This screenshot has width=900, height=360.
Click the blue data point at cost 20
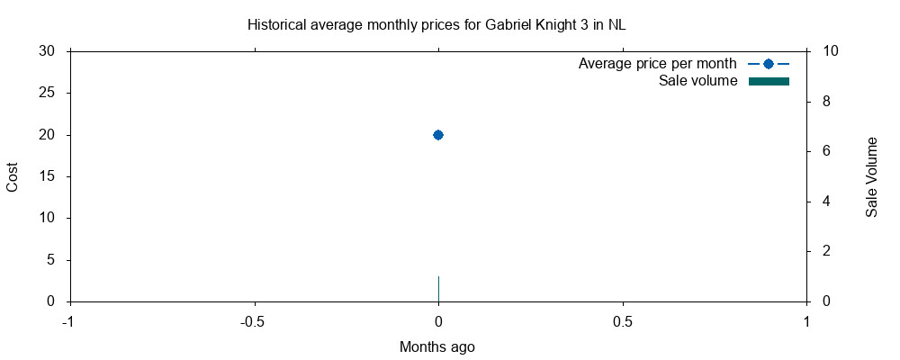click(x=438, y=135)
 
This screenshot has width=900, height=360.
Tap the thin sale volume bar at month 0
click(x=438, y=289)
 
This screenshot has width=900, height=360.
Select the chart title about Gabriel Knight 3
click(x=436, y=25)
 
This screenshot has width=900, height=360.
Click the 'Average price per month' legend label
click(x=657, y=64)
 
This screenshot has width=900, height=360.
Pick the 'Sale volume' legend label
click(x=697, y=82)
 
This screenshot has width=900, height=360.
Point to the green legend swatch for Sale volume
click(x=769, y=82)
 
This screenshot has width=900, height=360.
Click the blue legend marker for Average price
click(x=769, y=64)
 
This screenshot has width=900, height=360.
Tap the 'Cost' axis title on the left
click(x=13, y=176)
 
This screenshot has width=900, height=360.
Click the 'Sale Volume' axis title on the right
click(x=871, y=176)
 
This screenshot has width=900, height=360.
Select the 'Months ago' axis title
click(x=437, y=346)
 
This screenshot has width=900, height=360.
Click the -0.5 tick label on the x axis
click(x=254, y=321)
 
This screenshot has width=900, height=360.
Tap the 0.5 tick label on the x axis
click(x=623, y=321)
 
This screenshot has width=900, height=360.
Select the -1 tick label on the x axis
click(x=68, y=321)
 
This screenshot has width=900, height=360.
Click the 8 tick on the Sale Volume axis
click(x=823, y=102)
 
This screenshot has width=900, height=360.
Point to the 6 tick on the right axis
click(x=823, y=151)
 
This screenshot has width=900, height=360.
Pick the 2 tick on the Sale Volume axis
click(x=823, y=251)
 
